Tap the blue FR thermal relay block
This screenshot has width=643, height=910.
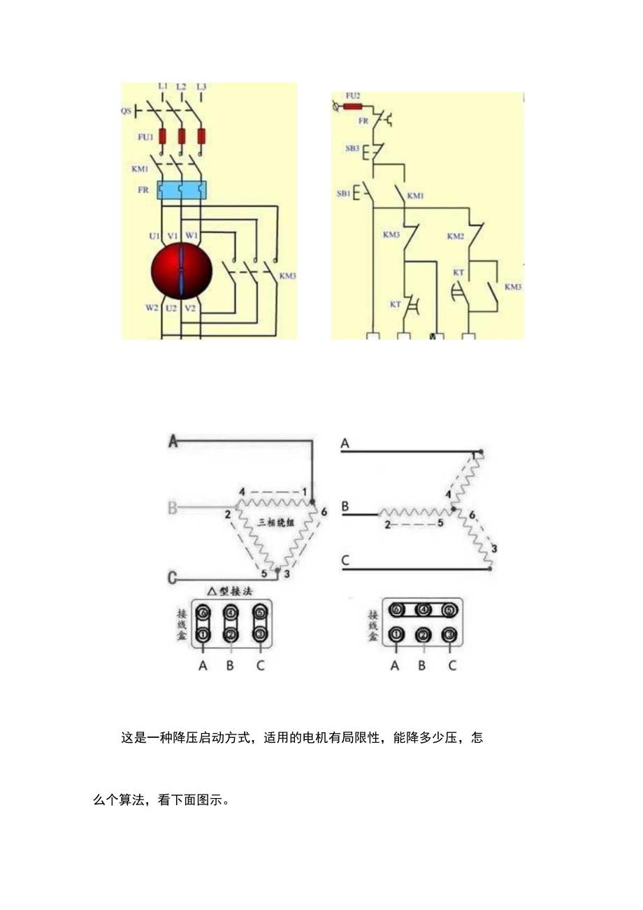click(182, 190)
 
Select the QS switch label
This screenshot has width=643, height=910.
click(126, 111)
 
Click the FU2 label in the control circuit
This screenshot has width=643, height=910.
click(353, 95)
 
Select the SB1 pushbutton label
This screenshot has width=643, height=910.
click(343, 193)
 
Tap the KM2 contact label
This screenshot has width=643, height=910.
click(456, 236)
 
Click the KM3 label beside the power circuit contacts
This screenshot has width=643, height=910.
click(287, 276)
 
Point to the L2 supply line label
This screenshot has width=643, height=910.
click(181, 86)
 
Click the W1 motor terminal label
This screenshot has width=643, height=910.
click(192, 235)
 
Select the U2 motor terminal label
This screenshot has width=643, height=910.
click(171, 308)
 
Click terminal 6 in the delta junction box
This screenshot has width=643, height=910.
click(203, 613)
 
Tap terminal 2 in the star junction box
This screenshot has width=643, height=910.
click(422, 635)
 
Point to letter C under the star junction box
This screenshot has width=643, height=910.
click(452, 665)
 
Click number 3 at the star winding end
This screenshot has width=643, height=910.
click(494, 548)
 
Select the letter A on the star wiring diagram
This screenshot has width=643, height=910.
click(345, 443)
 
